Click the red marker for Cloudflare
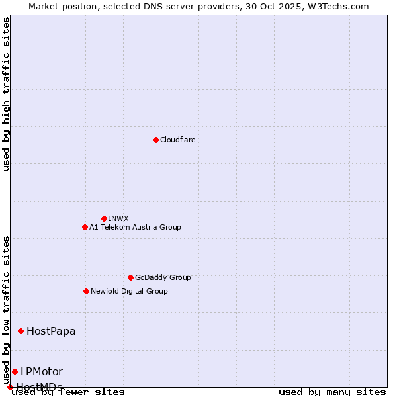click(155, 140)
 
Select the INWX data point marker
click(104, 218)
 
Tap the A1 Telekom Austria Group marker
click(85, 227)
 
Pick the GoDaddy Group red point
click(130, 277)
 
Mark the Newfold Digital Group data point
click(86, 291)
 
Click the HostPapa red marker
click(21, 331)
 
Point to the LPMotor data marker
click(15, 371)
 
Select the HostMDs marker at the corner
click(10, 387)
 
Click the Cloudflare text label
click(177, 140)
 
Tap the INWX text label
click(118, 218)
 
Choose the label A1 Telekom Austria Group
click(135, 227)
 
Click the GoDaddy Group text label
click(163, 277)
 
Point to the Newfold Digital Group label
click(129, 291)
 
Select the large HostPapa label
click(51, 331)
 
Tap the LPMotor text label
click(42, 371)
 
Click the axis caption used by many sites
click(332, 392)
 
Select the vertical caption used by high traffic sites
click(7, 94)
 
